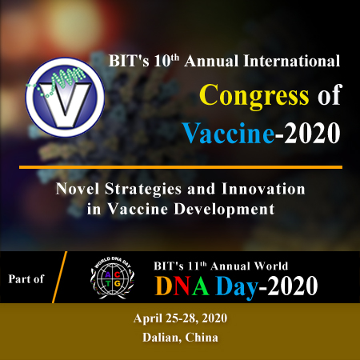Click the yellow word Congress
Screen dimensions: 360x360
click(254, 96)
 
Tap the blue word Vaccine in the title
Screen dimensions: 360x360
click(228, 133)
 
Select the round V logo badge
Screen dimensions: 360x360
click(65, 97)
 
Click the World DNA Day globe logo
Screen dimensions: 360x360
click(112, 278)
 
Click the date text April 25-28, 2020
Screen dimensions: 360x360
click(180, 318)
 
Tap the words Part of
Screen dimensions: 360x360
click(26, 279)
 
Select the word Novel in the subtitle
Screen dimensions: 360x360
click(78, 189)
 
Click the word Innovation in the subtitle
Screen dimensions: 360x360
click(263, 189)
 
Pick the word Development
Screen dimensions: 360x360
click(224, 209)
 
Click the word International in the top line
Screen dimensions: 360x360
click(292, 61)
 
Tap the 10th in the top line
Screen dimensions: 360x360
click(166, 61)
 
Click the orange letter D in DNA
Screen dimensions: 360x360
click(163, 286)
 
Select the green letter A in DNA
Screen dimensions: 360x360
click(200, 286)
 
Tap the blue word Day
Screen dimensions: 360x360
click(237, 287)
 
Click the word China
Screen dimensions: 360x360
click(202, 338)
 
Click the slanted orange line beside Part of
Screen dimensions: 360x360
click(59, 277)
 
